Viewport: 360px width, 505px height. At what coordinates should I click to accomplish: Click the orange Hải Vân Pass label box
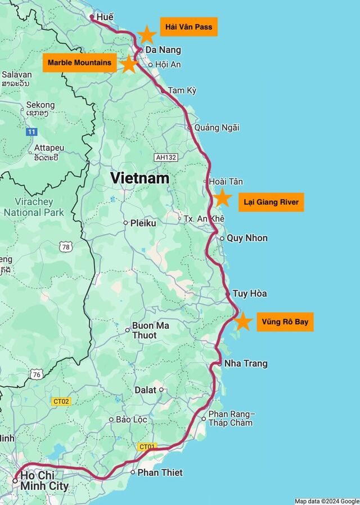pos(188,27)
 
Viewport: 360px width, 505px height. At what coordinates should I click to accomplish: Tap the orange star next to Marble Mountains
pos(129,64)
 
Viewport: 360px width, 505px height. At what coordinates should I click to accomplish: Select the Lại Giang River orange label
pos(271,202)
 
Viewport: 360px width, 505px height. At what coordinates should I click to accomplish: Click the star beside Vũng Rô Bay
pos(242,321)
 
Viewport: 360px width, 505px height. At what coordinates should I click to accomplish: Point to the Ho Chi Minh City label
pos(44,481)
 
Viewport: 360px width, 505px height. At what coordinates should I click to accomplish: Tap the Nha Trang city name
pos(245,364)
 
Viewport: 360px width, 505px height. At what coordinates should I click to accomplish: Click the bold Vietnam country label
pos(139,178)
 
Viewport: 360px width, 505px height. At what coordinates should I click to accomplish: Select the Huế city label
pos(105,17)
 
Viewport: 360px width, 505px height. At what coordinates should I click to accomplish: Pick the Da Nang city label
pos(163,50)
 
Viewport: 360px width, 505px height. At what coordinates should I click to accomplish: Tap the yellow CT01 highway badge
pos(146,447)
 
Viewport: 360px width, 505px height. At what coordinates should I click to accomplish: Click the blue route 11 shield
pos(31,132)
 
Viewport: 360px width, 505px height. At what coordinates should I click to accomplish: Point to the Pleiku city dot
pos(126,223)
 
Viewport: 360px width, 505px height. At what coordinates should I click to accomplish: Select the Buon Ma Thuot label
pos(150,330)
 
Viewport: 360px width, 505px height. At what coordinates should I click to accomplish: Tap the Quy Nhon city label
pos(247,238)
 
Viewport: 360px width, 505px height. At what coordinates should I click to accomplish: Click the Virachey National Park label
pos(34,207)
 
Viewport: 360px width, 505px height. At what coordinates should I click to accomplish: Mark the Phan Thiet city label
pos(160,472)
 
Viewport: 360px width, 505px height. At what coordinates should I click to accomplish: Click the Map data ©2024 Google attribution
pos(326,501)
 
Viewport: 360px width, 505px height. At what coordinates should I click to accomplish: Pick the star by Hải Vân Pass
pos(147,35)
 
